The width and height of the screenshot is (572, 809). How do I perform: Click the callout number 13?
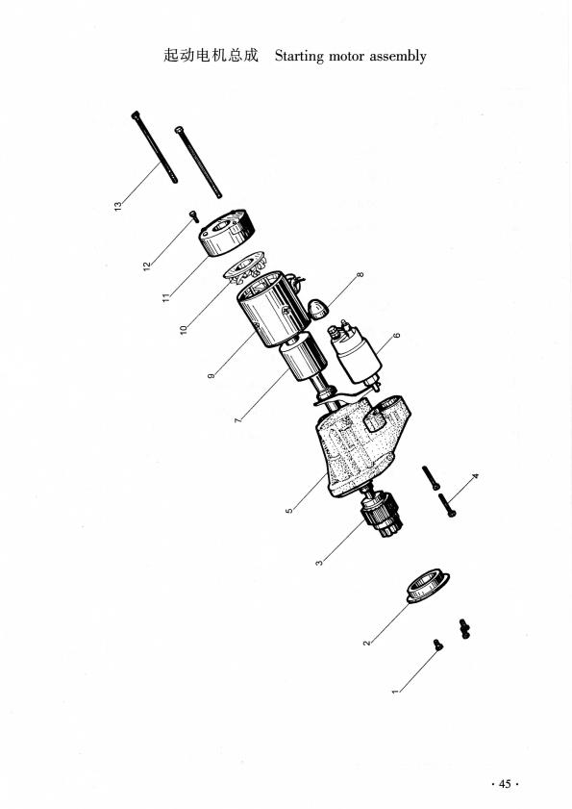click(x=118, y=206)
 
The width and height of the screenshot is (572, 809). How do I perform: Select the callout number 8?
click(x=361, y=276)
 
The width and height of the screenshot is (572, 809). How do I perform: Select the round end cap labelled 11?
click(x=225, y=234)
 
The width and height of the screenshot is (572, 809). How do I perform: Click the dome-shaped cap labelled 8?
click(x=318, y=310)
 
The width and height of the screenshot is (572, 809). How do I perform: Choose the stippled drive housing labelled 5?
click(x=360, y=448)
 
